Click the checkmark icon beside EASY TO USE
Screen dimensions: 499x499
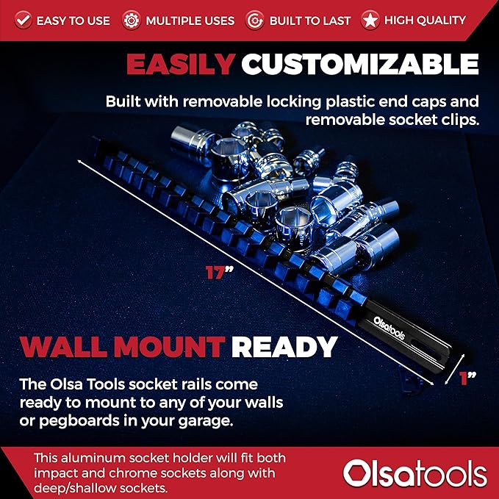[x=23, y=21]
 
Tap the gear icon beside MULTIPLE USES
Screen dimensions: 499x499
[x=131, y=21]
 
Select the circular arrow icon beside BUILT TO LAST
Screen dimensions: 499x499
[x=254, y=21]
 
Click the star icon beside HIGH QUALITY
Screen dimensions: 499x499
[x=370, y=21]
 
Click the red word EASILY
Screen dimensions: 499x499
[x=181, y=64]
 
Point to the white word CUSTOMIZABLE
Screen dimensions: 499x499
[x=360, y=64]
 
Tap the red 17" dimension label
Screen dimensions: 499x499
[x=219, y=273]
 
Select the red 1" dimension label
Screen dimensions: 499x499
[x=467, y=378]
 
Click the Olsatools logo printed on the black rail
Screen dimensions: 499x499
[x=389, y=328]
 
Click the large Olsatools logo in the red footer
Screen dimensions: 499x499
[x=415, y=474]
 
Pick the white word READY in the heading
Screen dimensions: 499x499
[x=284, y=347]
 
